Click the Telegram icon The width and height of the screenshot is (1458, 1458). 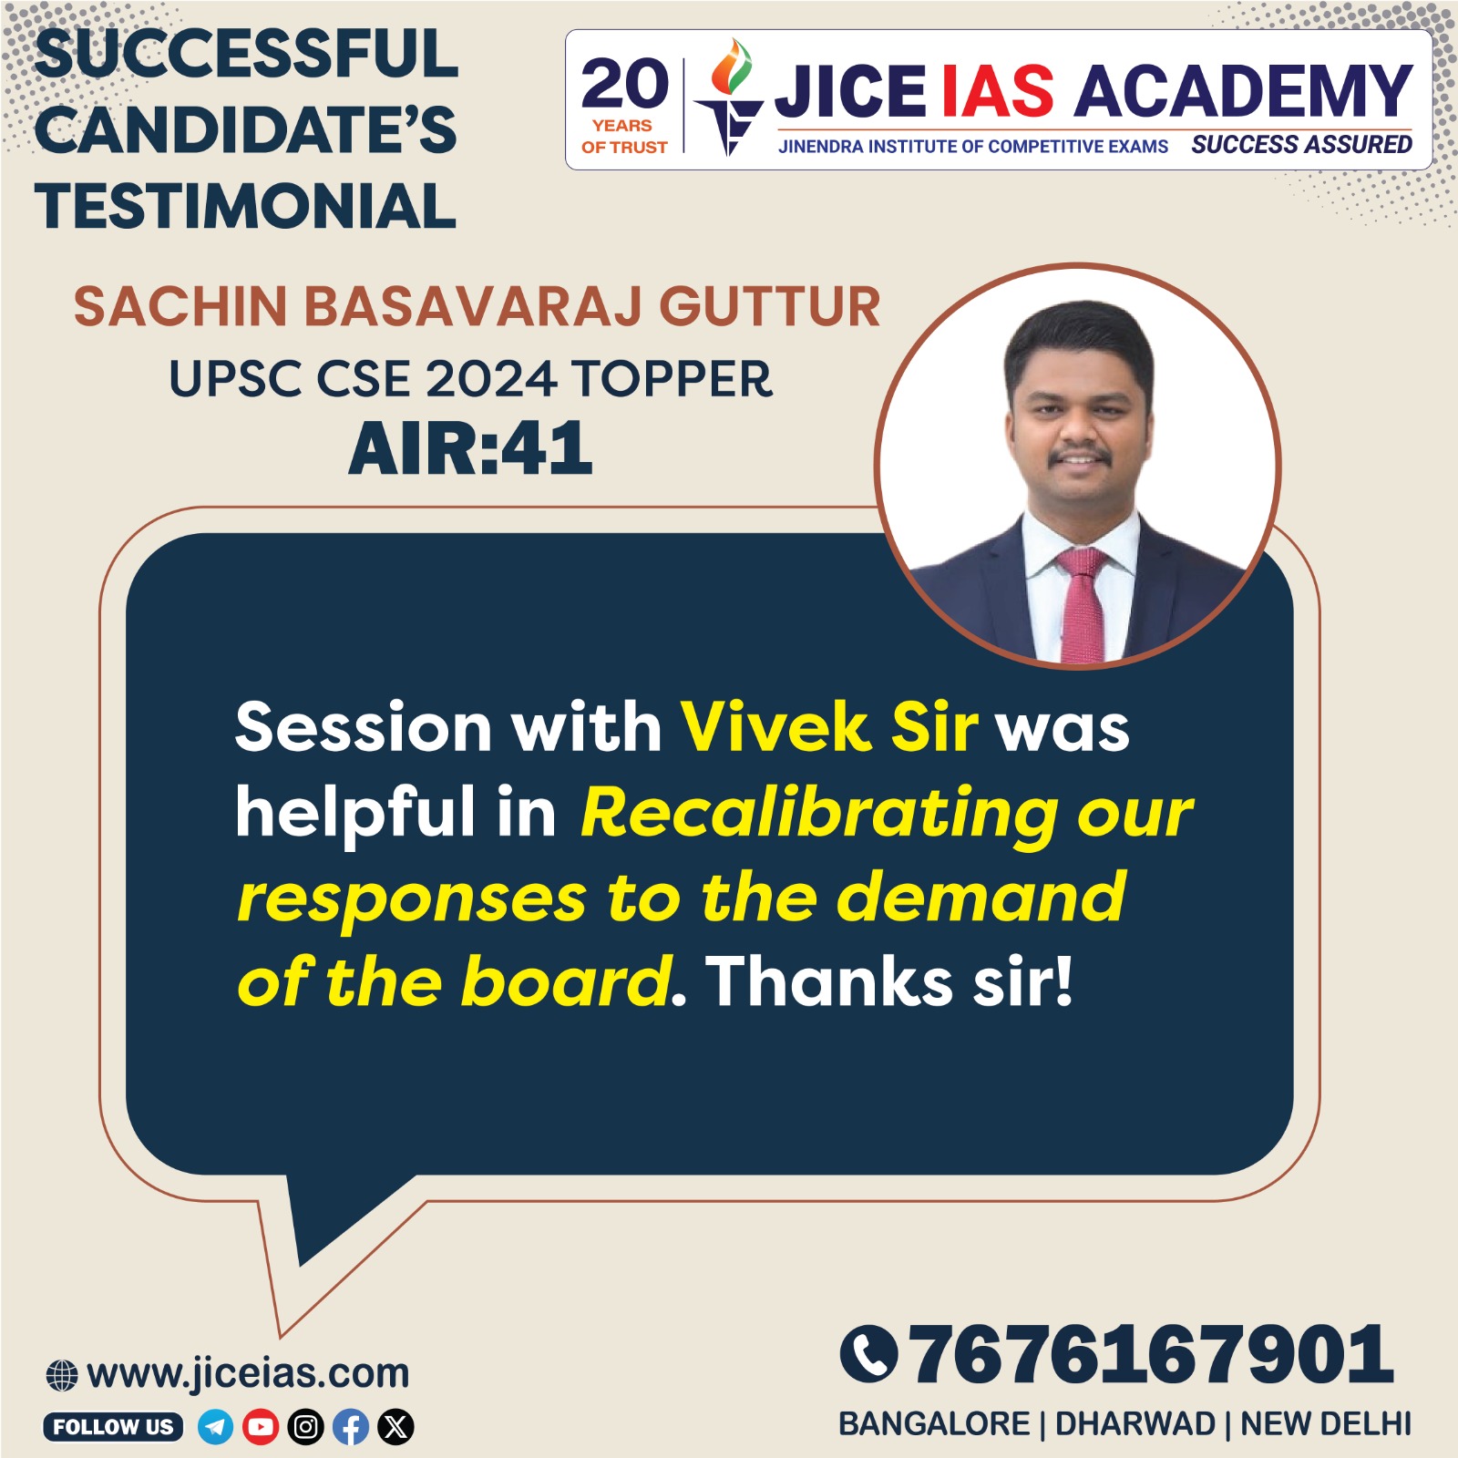[215, 1426]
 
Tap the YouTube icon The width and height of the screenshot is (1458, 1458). [261, 1426]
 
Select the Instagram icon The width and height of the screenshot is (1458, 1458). [306, 1426]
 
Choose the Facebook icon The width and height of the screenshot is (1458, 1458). [351, 1426]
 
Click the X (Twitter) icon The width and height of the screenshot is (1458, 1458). [396, 1426]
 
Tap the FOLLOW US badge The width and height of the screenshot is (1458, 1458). [113, 1426]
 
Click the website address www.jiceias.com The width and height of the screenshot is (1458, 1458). [248, 1373]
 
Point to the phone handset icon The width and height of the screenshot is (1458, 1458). [868, 1354]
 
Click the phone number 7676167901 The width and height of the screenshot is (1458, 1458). [1152, 1354]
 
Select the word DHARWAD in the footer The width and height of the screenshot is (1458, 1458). [1135, 1423]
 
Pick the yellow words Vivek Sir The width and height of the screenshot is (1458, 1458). [829, 727]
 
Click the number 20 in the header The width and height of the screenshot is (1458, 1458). [625, 84]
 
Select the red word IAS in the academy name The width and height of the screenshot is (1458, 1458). [997, 92]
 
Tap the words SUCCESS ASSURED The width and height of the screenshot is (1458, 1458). [1301, 145]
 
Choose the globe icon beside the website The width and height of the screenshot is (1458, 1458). [62, 1375]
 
